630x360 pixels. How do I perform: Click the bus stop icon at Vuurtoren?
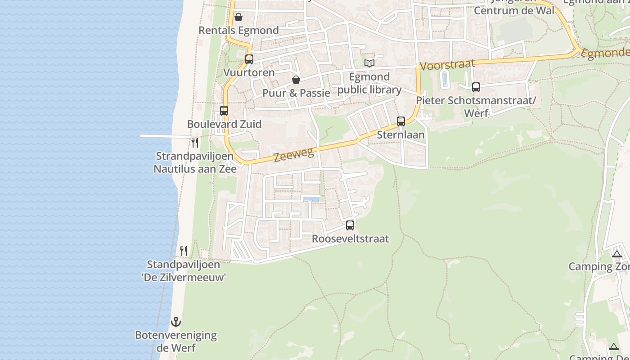point(249,59)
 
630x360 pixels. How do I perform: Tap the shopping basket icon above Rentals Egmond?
point(238,17)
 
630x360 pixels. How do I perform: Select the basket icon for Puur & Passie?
point(296,80)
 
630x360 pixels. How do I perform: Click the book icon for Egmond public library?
point(369,63)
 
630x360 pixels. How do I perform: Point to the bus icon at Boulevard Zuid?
point(224,110)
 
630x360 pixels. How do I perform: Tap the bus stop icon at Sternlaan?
point(401,121)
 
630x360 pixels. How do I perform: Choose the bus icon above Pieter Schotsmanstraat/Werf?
point(476,87)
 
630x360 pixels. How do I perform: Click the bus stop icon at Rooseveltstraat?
point(350,225)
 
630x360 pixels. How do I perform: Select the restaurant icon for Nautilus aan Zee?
point(195,143)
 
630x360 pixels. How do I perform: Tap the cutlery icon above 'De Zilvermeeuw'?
point(184,251)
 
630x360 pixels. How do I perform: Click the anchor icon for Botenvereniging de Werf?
point(176,322)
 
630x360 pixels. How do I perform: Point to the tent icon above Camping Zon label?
point(617,253)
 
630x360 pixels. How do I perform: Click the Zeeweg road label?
point(294,155)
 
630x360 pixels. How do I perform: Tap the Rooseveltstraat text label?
point(350,238)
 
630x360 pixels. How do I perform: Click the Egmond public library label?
point(369,83)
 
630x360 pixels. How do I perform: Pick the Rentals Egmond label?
point(238,30)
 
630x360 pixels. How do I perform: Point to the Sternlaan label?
point(400,135)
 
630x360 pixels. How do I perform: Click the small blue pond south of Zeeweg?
point(311,198)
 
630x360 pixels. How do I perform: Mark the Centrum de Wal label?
point(514,10)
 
